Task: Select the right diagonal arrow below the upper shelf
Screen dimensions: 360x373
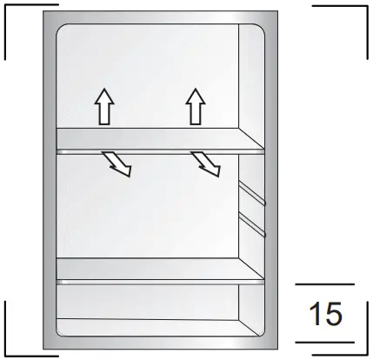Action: tap(206, 162)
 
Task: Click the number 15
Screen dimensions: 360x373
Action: tap(324, 314)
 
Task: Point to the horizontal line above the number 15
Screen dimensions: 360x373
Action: tap(324, 284)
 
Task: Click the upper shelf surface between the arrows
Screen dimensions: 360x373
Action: tap(148, 137)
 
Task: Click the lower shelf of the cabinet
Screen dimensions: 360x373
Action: tap(148, 269)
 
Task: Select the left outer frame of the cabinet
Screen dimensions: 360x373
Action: tap(50, 183)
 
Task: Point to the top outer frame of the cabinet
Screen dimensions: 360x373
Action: tap(161, 17)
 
